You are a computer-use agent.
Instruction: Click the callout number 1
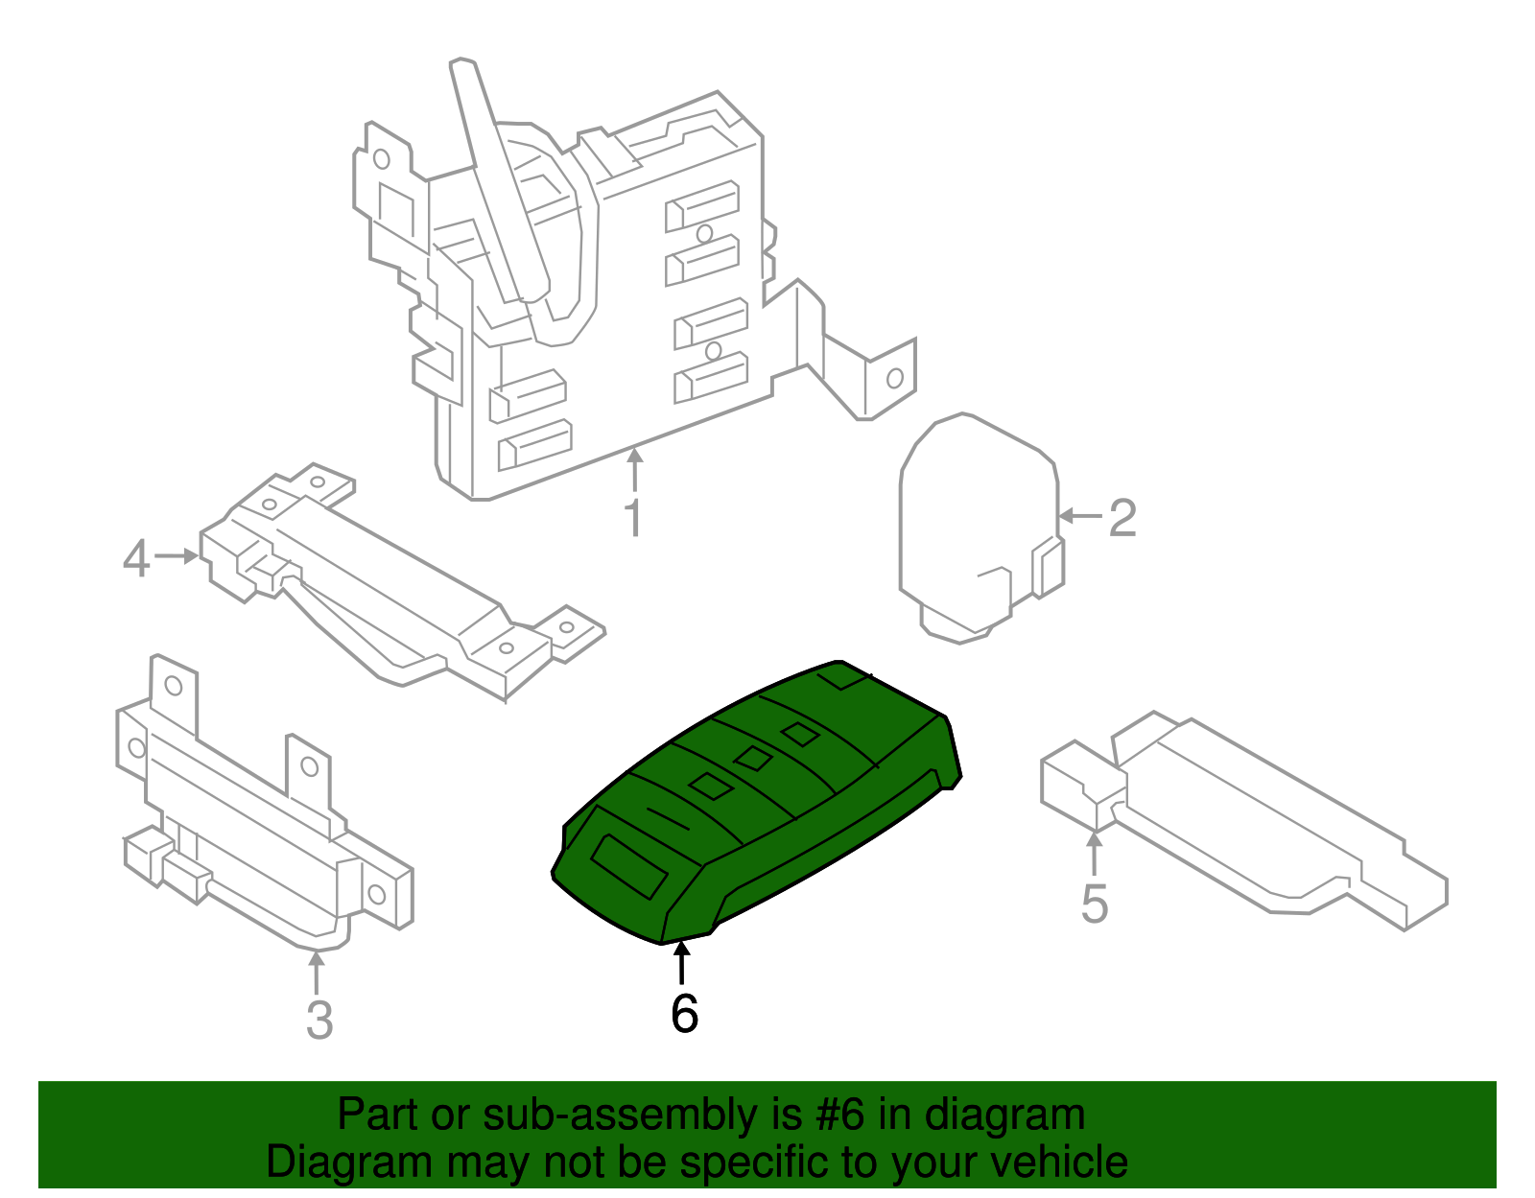[633, 518]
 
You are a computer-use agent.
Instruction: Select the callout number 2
[1122, 518]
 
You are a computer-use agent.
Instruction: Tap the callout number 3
[319, 1020]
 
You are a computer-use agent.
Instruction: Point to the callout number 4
[136, 558]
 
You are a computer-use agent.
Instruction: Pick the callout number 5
[1094, 904]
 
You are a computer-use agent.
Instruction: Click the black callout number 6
[684, 1014]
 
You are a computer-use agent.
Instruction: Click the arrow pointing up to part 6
[681, 963]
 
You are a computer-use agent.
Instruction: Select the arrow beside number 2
[1078, 516]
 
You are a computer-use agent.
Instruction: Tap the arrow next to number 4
[177, 555]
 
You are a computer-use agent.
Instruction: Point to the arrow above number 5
[1094, 854]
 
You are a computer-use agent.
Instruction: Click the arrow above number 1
[633, 470]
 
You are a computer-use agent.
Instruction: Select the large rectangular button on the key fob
[629, 866]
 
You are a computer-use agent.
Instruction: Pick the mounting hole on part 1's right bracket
[894, 378]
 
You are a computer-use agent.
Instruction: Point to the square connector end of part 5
[1079, 782]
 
